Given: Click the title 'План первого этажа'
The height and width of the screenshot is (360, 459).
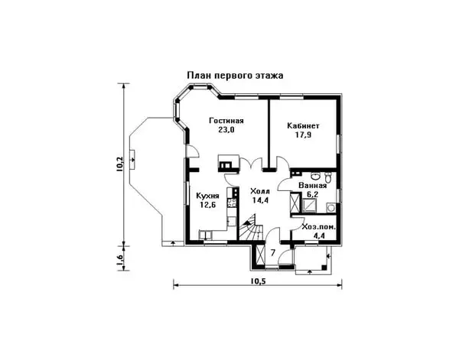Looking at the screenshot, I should pos(236,76).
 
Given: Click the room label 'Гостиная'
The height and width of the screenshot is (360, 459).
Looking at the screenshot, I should pos(226,122).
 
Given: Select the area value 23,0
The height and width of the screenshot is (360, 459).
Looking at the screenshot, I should pos(226,131).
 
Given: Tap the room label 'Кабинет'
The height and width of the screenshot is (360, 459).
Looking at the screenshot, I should pos(303,125).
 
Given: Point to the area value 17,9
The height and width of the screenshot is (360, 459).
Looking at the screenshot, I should pos(303,135).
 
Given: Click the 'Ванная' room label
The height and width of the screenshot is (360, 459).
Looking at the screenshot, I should pos(314,185).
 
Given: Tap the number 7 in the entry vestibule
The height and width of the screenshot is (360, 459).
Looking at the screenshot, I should pos(272,253).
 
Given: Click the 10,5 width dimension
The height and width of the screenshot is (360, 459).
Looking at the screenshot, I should pos(257,280).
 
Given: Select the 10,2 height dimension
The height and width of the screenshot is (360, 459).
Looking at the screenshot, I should pos(119,166).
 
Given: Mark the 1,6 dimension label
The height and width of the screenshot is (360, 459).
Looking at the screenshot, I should pos(119,261).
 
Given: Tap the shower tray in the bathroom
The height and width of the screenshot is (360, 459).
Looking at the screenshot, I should pos(295,205).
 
